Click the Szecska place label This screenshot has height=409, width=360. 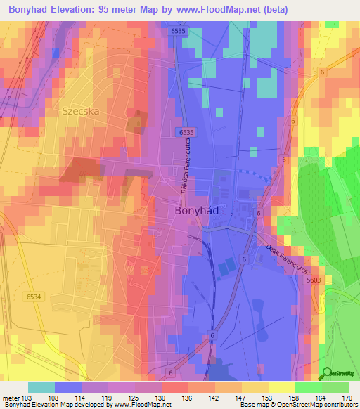81,110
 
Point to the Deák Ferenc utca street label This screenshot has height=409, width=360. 288,258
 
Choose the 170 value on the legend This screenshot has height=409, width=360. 347,398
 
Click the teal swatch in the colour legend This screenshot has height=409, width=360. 41,387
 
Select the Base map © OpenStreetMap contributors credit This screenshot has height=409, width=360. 297,405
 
